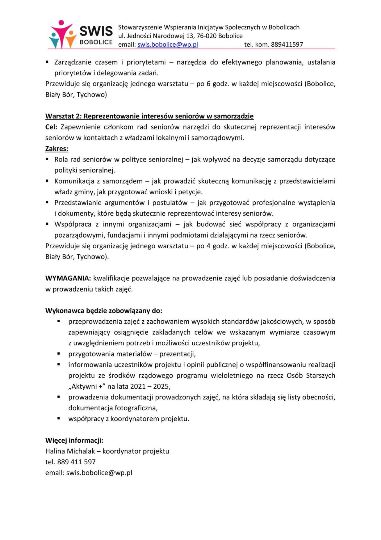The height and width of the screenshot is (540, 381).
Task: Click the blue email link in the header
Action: point(168,44)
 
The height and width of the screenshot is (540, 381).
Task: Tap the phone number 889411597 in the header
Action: point(287,44)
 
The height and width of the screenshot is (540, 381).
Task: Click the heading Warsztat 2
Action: point(149,116)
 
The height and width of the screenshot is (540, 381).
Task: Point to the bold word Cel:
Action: point(51,127)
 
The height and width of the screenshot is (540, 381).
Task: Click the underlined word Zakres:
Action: point(57,148)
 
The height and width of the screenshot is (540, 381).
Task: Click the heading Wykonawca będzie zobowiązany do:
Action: point(104,311)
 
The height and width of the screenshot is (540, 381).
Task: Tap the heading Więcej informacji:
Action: point(74,440)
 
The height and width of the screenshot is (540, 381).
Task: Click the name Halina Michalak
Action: point(70,451)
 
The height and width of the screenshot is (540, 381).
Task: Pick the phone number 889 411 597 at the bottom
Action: point(76,462)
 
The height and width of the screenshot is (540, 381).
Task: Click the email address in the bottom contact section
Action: point(99,472)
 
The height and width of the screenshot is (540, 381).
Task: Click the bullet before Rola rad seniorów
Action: point(47,159)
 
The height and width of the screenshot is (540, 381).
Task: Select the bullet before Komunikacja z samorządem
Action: point(47,181)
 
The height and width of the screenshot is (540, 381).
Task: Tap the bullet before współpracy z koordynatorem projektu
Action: point(59,418)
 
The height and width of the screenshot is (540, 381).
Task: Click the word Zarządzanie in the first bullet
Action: point(72,62)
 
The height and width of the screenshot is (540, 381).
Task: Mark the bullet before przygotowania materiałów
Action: point(59,354)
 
